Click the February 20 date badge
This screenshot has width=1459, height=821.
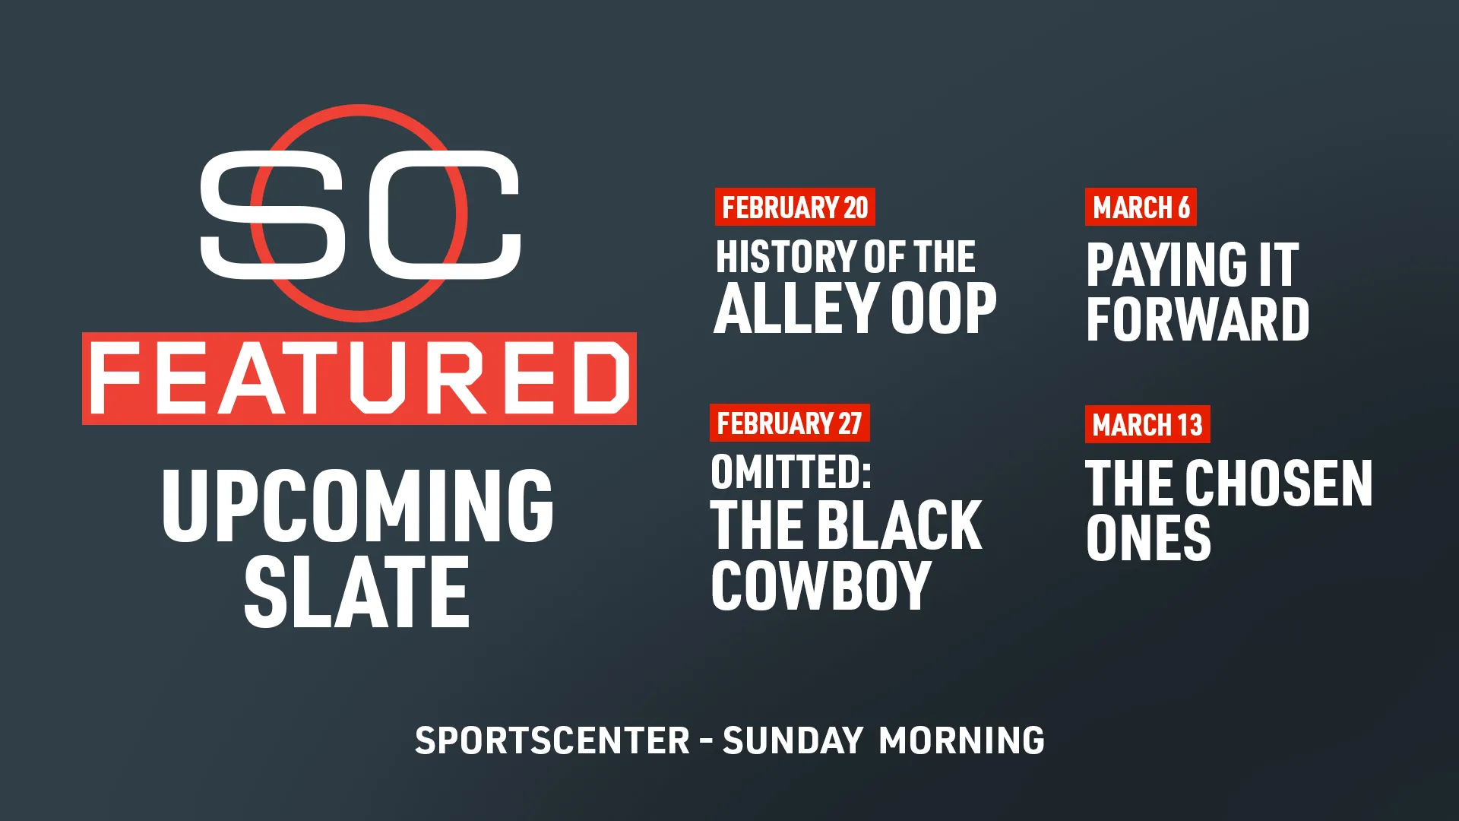795,207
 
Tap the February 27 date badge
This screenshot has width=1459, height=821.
790,423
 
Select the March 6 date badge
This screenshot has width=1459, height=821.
1141,207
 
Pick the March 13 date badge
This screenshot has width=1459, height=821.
1147,424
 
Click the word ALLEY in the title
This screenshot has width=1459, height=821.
797,308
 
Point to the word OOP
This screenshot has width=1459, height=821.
944,308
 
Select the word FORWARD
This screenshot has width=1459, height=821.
1198,319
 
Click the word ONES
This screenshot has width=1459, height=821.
1148,538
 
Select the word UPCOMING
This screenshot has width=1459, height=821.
358,506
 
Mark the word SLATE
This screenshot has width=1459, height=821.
356,592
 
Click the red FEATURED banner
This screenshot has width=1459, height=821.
359,378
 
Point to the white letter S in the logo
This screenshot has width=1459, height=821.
273,214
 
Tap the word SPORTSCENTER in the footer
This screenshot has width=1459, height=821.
552,741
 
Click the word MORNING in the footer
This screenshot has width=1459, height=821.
961,741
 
